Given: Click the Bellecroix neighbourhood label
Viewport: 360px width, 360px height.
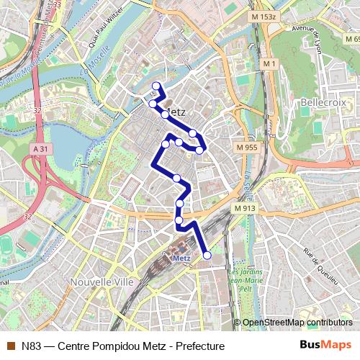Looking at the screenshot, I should point(323,103).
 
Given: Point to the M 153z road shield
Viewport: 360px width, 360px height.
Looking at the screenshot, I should point(264,15).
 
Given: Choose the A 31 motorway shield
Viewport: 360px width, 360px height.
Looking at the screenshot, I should point(41,149).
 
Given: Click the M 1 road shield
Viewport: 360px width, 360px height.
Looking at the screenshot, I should point(269,64).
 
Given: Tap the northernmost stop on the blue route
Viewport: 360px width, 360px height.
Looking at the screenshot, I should point(156,87).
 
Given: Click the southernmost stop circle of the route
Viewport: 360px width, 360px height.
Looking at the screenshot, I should point(207,255).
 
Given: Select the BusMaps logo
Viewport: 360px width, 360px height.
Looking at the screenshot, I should point(325,345).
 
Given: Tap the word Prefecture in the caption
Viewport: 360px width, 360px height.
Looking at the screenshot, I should point(200,346).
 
